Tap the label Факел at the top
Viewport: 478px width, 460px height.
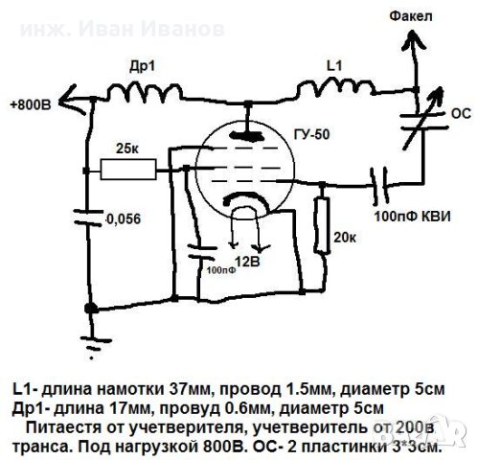[415, 16]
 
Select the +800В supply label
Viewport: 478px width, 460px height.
[30, 103]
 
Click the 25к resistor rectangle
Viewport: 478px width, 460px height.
[129, 171]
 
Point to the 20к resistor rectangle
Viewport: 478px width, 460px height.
[319, 221]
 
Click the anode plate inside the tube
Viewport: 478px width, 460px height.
[248, 137]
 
